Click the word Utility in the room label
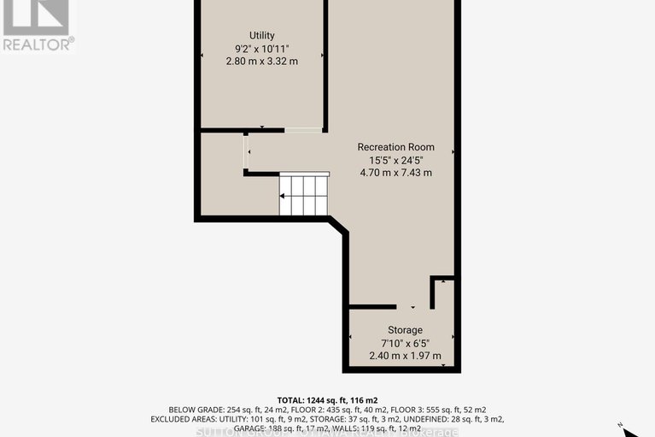pyautogui.click(x=261, y=35)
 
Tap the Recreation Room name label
pyautogui.click(x=395, y=146)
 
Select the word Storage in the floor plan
pyautogui.click(x=405, y=330)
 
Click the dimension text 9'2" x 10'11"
pyautogui.click(x=261, y=48)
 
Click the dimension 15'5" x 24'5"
pyautogui.click(x=395, y=159)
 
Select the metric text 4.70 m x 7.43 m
pyautogui.click(x=395, y=172)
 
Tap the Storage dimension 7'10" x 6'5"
pyautogui.click(x=405, y=343)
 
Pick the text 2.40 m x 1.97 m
pyautogui.click(x=405, y=356)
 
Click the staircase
pyautogui.click(x=305, y=195)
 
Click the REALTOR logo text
pyautogui.click(x=38, y=42)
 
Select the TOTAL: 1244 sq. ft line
pyautogui.click(x=328, y=399)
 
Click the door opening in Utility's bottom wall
pyautogui.click(x=303, y=130)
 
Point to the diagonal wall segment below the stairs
pyautogui.click(x=338, y=227)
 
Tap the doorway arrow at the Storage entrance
pyautogui.click(x=413, y=307)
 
